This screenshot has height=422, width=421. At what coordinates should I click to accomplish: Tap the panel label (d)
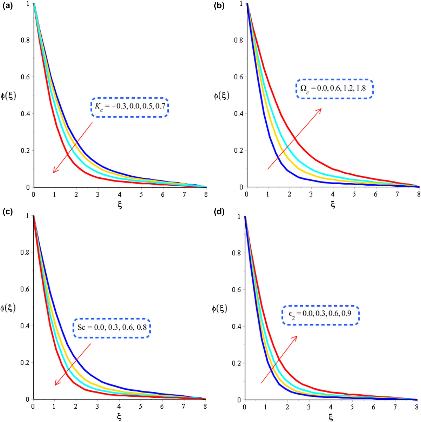[x=219, y=212]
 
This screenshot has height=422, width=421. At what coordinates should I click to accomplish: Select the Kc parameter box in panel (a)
[x=130, y=107]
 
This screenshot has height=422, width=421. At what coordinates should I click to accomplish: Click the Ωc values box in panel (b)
[x=335, y=89]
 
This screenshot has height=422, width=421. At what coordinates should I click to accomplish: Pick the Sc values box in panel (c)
[x=112, y=328]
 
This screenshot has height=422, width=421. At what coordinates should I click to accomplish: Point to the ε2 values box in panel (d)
[x=321, y=315]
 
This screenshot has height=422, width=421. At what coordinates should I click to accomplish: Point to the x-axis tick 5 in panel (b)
[x=354, y=195]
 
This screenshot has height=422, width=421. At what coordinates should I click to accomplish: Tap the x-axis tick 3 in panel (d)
[x=309, y=407]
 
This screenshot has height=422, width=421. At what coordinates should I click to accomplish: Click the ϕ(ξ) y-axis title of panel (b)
[x=221, y=96]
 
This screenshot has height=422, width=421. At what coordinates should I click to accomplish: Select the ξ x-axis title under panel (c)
[x=119, y=417]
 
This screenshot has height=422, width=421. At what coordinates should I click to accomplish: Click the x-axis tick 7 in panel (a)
[x=184, y=195]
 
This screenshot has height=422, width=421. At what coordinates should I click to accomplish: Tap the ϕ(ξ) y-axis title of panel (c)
[x=8, y=308]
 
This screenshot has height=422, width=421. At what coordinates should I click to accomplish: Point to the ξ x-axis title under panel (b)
[x=333, y=204]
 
